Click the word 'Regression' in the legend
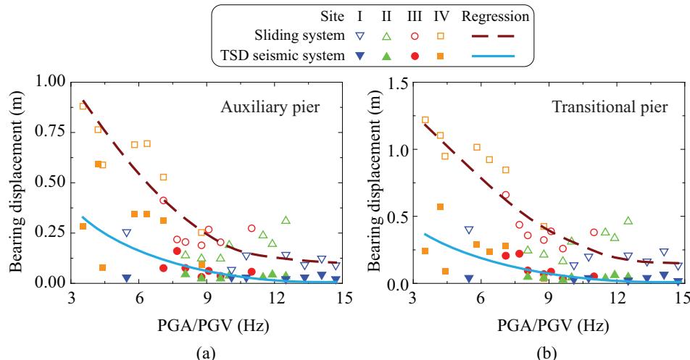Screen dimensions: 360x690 pos(496,14)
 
